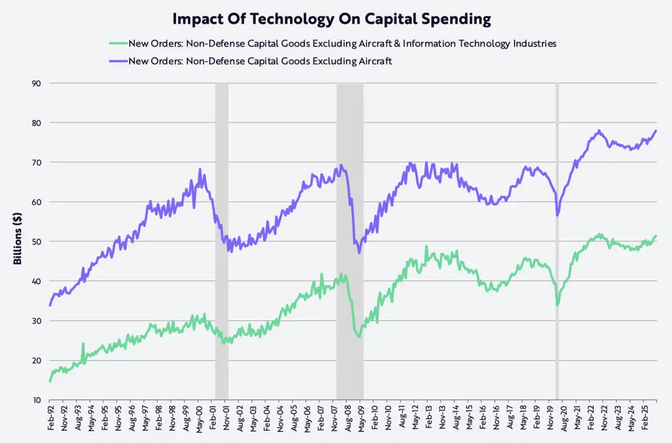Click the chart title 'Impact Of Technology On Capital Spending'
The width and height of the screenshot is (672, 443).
click(x=332, y=19)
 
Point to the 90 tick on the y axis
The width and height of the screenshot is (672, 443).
click(x=37, y=83)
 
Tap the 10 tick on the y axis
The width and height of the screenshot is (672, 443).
click(x=37, y=400)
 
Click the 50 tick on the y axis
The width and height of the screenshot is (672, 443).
click(x=37, y=241)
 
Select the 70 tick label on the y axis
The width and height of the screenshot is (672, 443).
click(x=37, y=162)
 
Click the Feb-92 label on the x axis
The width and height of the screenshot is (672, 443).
click(x=50, y=418)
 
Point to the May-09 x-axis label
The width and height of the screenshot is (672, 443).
click(x=360, y=418)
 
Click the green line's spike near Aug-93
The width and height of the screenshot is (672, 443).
click(x=83, y=343)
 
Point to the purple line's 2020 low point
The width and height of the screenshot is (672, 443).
click(x=558, y=215)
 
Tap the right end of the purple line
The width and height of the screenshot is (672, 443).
click(x=656, y=130)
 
